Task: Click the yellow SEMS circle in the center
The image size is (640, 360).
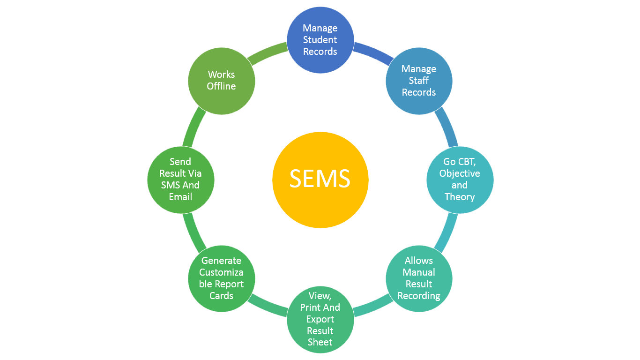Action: pyautogui.click(x=320, y=180)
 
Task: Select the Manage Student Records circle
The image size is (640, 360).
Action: pyautogui.click(x=320, y=40)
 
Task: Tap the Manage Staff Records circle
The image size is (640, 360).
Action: pyautogui.click(x=419, y=81)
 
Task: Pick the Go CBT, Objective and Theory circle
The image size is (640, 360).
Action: pyautogui.click(x=460, y=180)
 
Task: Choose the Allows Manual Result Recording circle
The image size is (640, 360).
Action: pyautogui.click(x=419, y=278)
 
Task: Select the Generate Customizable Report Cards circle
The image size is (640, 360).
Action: pyautogui.click(x=221, y=278)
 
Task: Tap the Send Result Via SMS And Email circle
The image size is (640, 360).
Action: pyautogui.click(x=180, y=180)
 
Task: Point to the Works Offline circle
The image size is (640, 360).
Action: pyautogui.click(x=221, y=81)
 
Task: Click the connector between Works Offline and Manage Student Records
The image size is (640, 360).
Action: pyautogui.click(x=267, y=53)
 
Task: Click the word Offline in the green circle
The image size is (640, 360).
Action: pyautogui.click(x=221, y=86)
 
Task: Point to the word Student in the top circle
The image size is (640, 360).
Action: pyautogui.click(x=320, y=40)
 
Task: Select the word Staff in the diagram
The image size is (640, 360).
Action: pyautogui.click(x=419, y=81)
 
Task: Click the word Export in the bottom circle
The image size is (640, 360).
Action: pyautogui.click(x=320, y=319)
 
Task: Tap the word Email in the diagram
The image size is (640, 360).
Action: pyautogui.click(x=180, y=197)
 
